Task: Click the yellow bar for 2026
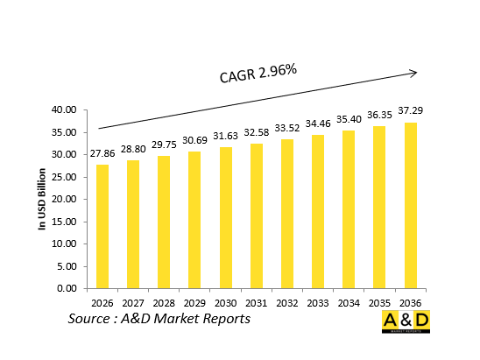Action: (103, 226)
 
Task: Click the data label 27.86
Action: (103, 152)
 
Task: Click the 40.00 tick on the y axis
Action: (65, 110)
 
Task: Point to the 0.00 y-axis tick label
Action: (68, 288)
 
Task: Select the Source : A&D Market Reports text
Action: (159, 319)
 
